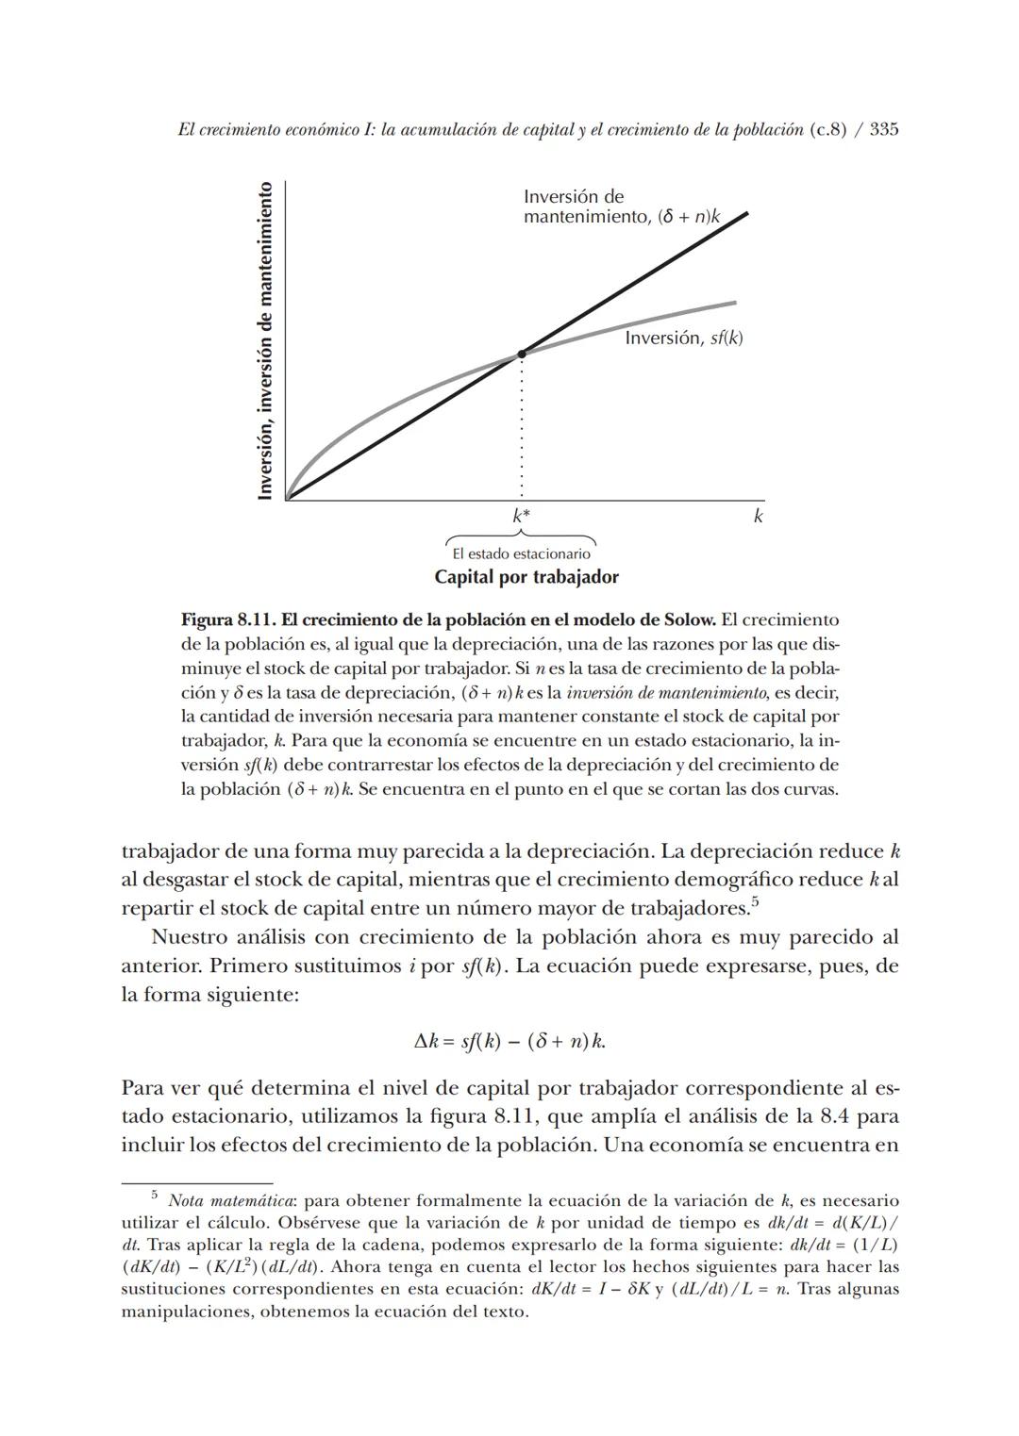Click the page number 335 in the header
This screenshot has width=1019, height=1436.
[x=883, y=130]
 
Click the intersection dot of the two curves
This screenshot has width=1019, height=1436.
[x=521, y=355]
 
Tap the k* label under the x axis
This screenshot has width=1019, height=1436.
[x=521, y=516]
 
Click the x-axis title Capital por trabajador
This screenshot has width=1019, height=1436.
[x=526, y=576]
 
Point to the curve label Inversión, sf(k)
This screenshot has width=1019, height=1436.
[x=683, y=338]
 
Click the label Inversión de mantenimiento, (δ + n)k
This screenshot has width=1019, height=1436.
[x=621, y=207]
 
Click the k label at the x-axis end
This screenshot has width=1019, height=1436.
[x=757, y=516]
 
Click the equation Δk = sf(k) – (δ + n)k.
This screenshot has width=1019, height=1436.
[x=509, y=1041]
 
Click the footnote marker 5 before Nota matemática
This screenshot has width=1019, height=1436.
[x=155, y=1195]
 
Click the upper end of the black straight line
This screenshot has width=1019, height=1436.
[x=743, y=215]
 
